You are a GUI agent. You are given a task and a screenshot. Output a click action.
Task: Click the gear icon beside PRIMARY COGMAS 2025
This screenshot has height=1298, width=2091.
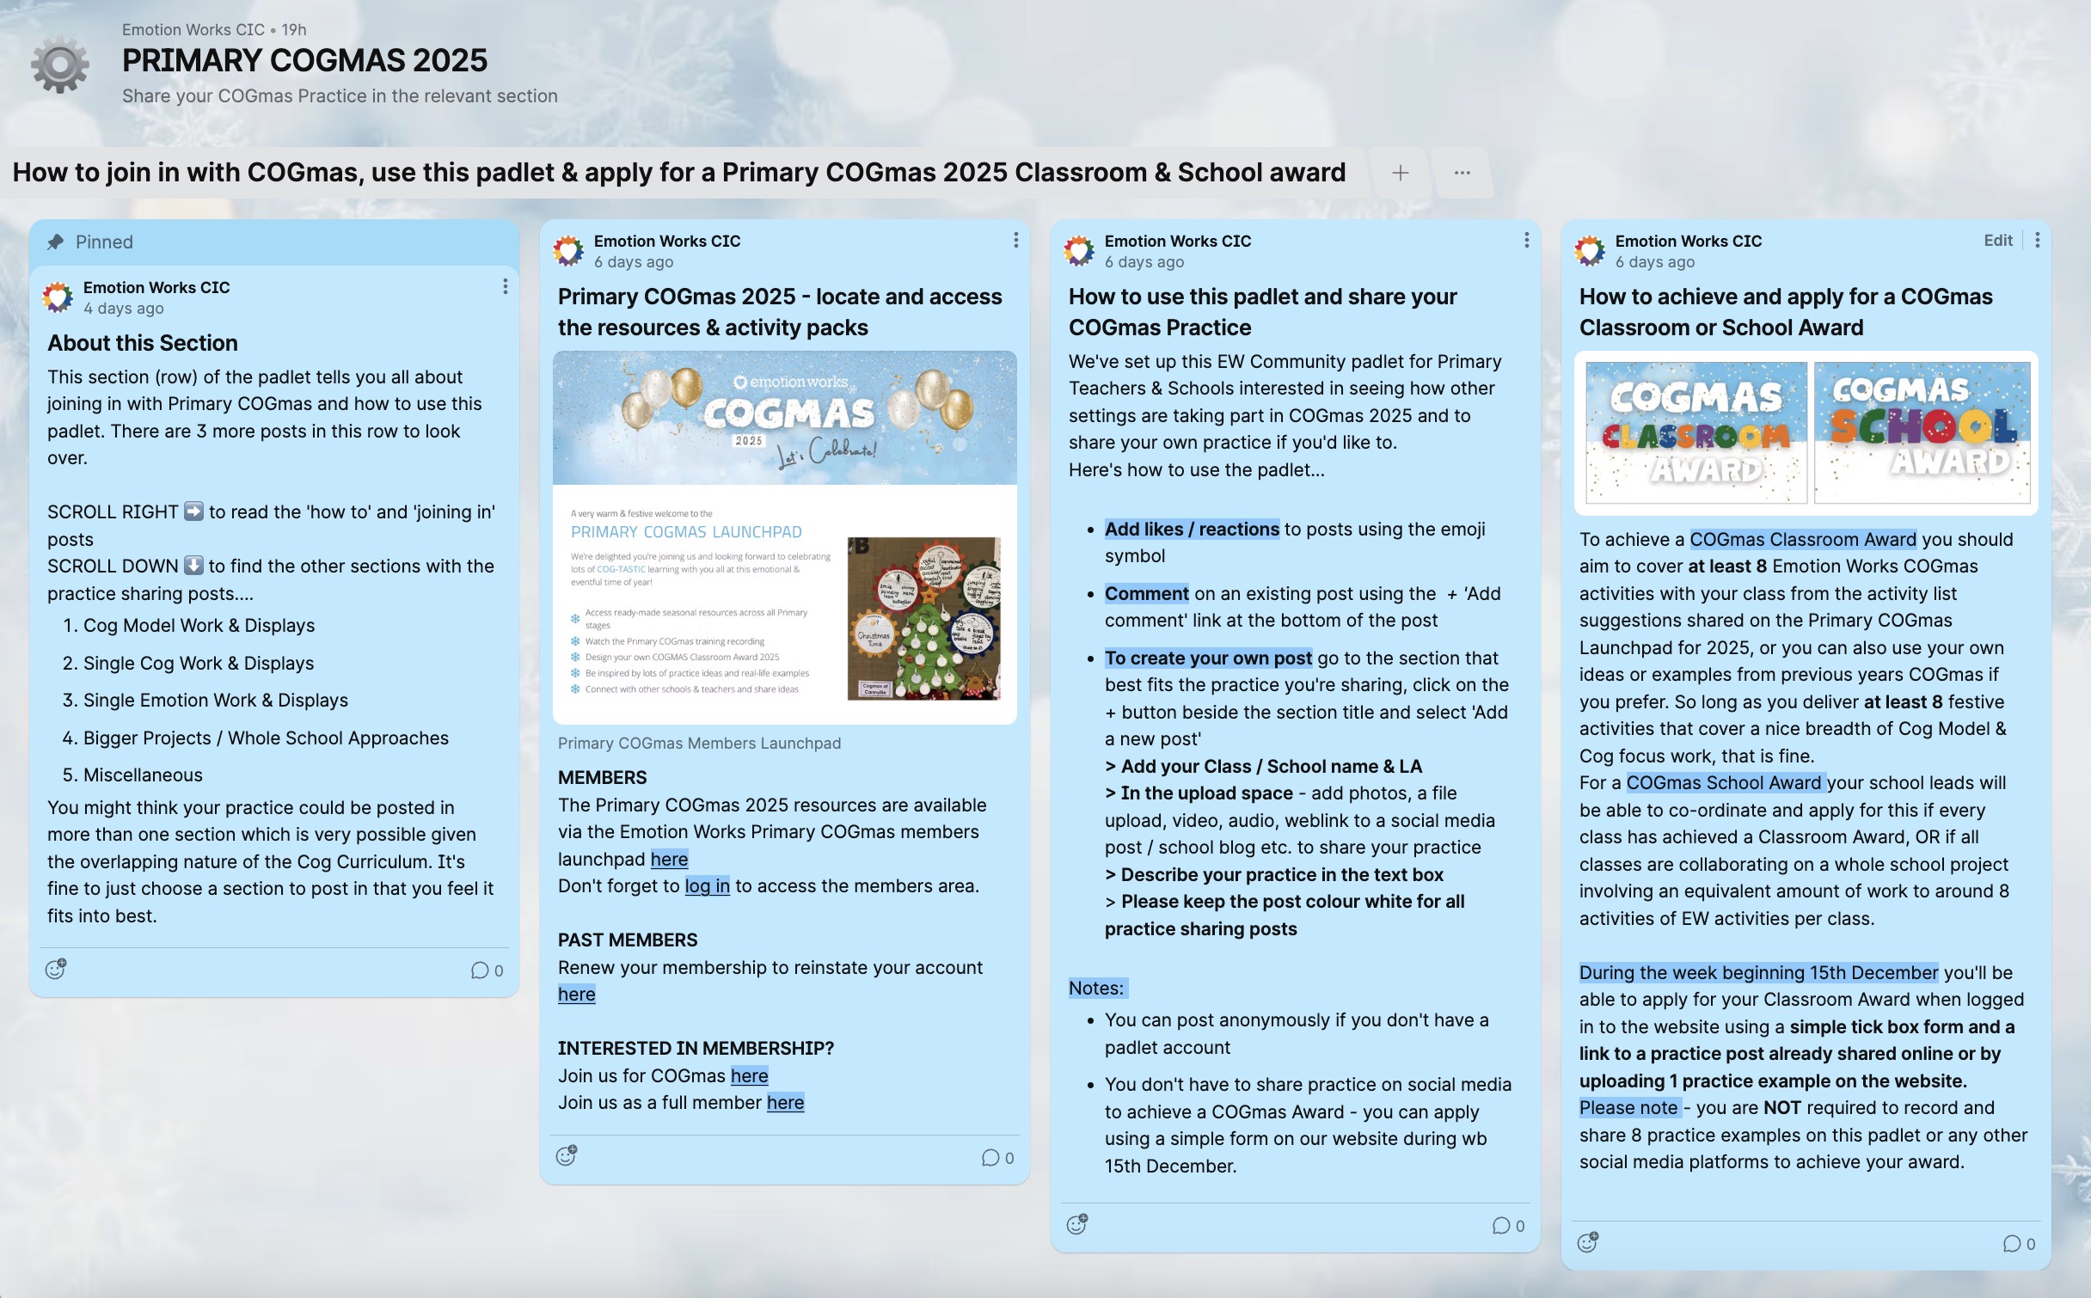click(59, 64)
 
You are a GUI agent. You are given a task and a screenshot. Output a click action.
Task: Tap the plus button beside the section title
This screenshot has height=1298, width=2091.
click(1400, 173)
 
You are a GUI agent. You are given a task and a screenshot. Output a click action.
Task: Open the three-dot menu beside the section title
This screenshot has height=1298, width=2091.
click(1462, 173)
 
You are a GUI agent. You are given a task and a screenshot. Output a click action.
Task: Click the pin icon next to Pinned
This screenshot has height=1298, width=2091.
click(56, 242)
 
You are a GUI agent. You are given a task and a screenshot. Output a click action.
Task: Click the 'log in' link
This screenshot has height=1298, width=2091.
click(707, 886)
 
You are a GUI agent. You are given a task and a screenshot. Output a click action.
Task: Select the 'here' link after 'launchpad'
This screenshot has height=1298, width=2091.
click(669, 860)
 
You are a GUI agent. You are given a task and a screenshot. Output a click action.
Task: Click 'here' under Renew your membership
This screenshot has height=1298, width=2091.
click(576, 995)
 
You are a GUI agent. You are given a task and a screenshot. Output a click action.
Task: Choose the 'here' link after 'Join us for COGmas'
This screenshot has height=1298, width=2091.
click(749, 1076)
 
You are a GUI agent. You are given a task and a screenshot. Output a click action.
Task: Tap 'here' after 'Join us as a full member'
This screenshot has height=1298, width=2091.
click(785, 1103)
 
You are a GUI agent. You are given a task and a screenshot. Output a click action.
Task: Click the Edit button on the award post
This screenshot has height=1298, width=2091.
click(1997, 241)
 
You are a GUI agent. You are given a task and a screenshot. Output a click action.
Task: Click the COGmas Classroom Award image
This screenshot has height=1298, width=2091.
click(1695, 432)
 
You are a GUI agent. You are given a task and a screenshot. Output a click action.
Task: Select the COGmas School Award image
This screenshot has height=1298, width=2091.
click(1922, 432)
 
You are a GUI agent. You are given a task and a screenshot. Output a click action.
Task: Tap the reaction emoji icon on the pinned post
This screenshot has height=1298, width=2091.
click(56, 970)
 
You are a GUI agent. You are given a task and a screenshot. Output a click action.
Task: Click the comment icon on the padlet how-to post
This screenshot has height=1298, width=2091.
click(1501, 1226)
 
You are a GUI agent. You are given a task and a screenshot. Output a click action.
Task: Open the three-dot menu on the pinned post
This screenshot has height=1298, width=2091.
click(505, 286)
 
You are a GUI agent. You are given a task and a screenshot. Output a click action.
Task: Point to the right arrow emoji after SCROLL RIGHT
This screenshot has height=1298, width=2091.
click(194, 512)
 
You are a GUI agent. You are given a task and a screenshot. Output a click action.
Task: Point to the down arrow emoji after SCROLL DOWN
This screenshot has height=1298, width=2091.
click(193, 566)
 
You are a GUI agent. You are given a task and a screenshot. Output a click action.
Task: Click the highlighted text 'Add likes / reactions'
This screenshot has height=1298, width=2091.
click(1192, 530)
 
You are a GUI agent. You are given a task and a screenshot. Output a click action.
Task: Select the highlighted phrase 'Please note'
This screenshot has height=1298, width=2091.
click(1628, 1108)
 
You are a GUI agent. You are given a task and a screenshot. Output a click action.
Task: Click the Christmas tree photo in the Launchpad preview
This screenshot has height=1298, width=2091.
click(923, 618)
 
